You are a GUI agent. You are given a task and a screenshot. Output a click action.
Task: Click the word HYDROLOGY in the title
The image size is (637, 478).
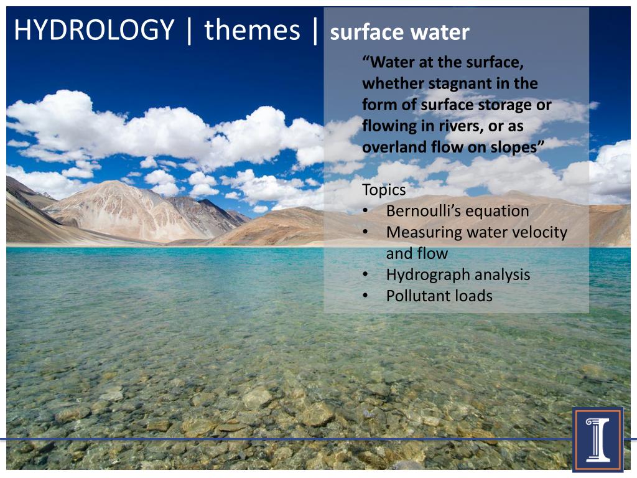click(x=93, y=30)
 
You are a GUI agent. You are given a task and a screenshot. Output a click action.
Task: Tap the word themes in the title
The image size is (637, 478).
click(x=252, y=30)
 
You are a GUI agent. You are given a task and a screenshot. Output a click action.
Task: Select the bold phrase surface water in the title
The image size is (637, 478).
click(x=399, y=32)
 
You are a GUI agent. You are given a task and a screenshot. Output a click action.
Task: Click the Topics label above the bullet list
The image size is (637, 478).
click(x=384, y=190)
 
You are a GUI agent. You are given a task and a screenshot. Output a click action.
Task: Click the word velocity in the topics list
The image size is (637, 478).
click(x=537, y=232)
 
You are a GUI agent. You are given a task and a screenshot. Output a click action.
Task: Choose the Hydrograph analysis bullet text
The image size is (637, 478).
click(x=458, y=274)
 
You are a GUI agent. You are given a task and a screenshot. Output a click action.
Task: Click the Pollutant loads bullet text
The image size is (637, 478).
click(x=439, y=296)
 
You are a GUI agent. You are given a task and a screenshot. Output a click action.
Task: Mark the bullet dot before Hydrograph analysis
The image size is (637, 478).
click(x=366, y=275)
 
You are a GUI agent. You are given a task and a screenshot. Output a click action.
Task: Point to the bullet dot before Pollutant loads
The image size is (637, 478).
click(x=366, y=296)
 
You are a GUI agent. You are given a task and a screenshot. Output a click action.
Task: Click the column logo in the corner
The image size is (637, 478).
click(x=597, y=439)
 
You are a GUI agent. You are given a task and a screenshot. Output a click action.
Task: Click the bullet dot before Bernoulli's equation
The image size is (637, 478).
click(x=366, y=212)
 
